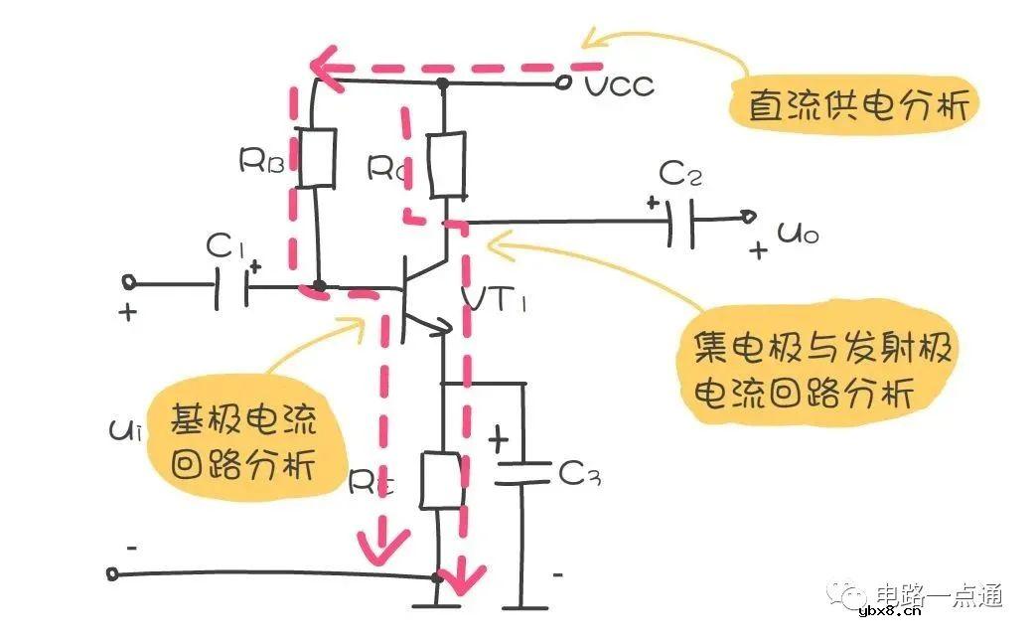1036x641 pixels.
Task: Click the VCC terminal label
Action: point(619,85)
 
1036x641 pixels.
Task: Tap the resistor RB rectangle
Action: point(317,157)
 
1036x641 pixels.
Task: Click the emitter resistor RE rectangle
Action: point(439,479)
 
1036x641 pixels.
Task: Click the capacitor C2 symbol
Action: point(680,220)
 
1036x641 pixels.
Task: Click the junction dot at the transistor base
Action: point(318,286)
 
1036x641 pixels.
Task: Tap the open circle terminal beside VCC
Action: point(564,84)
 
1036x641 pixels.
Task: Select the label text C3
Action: point(580,475)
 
